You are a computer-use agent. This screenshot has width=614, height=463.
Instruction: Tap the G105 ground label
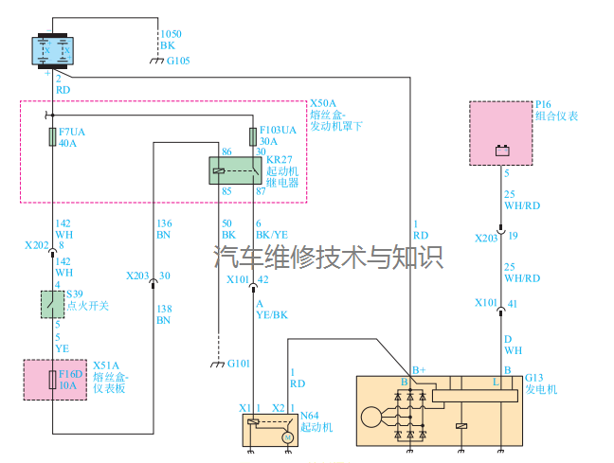pos(178,62)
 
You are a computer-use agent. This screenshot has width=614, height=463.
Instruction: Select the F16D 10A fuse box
pos(54,380)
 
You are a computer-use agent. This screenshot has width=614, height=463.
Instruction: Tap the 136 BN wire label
pos(163,227)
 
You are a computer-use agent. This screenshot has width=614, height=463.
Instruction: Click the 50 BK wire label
pos(227,227)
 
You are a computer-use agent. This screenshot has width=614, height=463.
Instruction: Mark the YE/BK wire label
pos(271,315)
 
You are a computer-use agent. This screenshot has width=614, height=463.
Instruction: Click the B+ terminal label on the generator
pos(418,369)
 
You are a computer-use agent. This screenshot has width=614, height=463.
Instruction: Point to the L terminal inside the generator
pos(495,382)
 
